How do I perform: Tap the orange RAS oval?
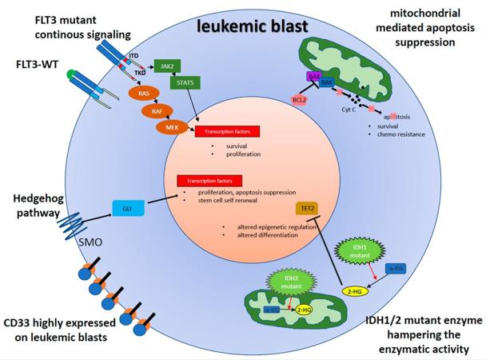tap(144, 93)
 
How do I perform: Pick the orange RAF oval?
tap(158, 111)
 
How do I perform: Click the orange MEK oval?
tap(172, 127)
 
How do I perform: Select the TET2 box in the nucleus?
tap(307, 209)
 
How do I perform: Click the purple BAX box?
tap(315, 78)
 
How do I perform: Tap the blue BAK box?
tap(328, 82)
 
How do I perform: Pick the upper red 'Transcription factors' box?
tap(228, 132)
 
